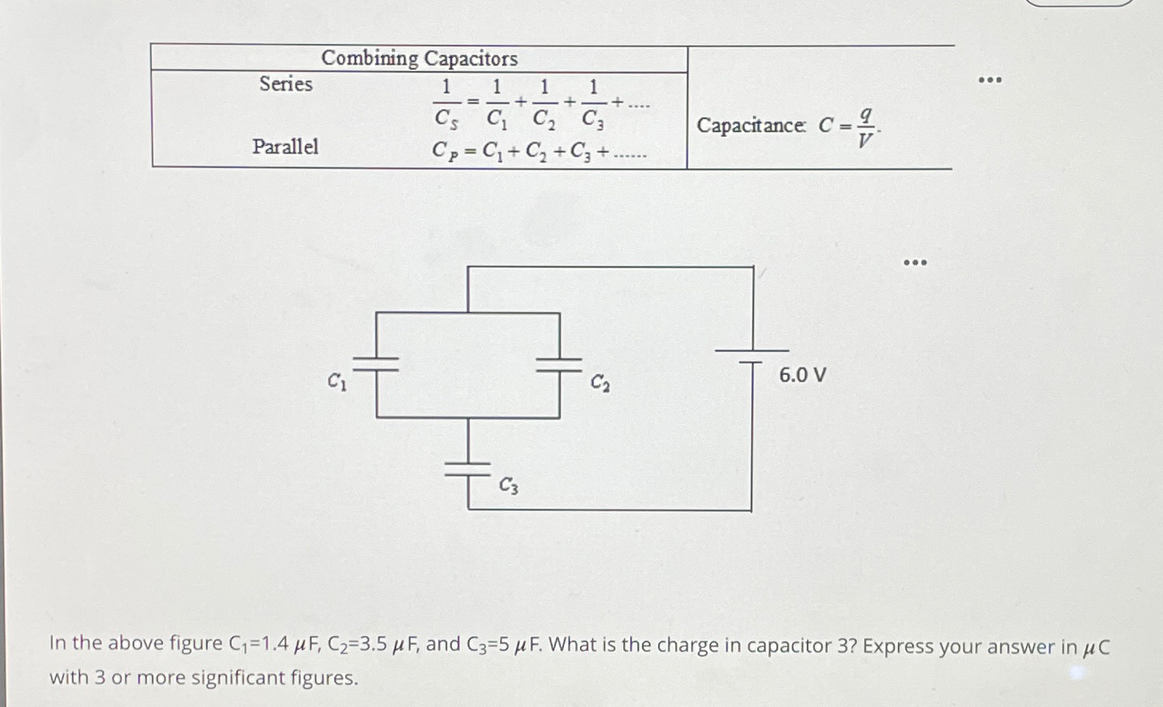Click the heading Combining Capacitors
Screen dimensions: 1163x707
(x=419, y=58)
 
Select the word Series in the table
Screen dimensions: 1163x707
(x=286, y=84)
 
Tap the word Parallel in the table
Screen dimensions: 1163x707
(x=285, y=146)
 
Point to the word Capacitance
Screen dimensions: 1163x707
(x=751, y=125)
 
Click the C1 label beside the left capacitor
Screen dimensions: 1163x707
(x=337, y=382)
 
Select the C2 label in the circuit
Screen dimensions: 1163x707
(x=600, y=383)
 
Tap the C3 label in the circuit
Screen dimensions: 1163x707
(x=509, y=484)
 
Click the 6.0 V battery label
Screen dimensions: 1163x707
(x=802, y=375)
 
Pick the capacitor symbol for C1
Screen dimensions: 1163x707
(x=376, y=363)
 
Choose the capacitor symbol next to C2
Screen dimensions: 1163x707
(x=558, y=364)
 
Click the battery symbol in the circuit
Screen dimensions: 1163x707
(x=752, y=356)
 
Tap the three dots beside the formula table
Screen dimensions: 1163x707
(x=990, y=81)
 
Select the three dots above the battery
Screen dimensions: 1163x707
(x=915, y=263)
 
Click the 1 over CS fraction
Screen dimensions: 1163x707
(x=446, y=102)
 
